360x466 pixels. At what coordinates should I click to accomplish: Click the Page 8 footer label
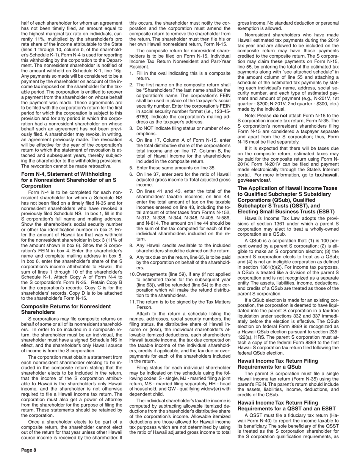click(29, 450)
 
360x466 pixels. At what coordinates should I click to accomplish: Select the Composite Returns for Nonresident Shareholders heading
click(66, 309)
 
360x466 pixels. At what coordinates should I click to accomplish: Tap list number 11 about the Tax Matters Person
click(132, 302)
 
